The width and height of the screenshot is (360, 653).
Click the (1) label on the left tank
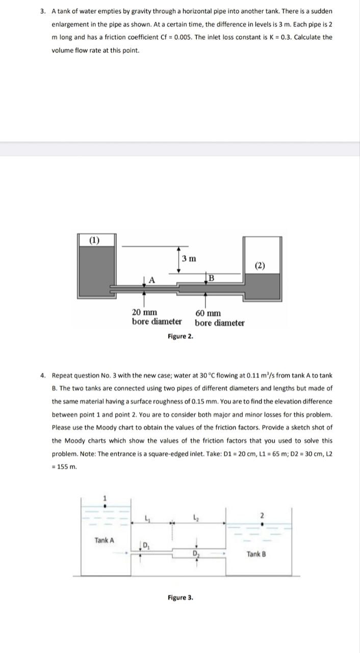click(x=95, y=240)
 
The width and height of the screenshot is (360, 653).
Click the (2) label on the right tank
click(x=261, y=265)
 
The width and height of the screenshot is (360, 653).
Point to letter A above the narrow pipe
click(x=152, y=279)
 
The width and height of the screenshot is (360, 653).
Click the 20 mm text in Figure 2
click(x=144, y=313)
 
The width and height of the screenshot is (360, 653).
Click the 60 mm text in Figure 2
click(x=208, y=313)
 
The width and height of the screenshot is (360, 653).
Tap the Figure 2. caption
click(x=180, y=336)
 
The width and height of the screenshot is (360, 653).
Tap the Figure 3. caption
click(x=180, y=597)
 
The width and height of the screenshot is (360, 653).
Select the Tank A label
click(x=104, y=540)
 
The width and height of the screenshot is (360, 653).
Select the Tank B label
click(x=256, y=554)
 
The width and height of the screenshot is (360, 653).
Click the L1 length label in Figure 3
click(x=147, y=519)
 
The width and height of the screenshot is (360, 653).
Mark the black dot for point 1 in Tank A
click(x=105, y=507)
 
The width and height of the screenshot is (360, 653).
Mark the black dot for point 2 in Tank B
click(x=262, y=523)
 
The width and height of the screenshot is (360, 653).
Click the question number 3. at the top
click(x=43, y=11)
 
